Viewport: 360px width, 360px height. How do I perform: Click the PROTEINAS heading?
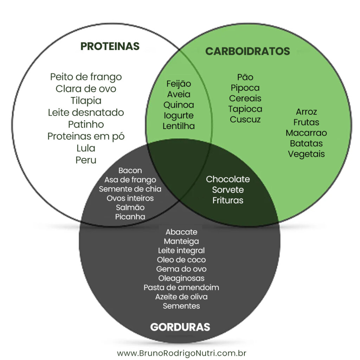110,46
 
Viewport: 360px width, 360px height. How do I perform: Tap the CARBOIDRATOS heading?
247,51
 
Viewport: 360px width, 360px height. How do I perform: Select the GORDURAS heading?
180,327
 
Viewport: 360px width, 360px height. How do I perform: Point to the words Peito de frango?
86,77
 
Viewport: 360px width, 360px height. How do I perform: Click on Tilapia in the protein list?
86,101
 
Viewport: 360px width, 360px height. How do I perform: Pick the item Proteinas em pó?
86,136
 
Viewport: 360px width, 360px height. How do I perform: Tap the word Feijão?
179,84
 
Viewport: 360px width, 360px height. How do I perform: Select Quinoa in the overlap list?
179,105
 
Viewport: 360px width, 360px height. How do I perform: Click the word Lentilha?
179,126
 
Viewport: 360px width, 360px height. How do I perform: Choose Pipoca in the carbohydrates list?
245,88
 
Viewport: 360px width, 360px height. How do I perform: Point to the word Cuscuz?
245,120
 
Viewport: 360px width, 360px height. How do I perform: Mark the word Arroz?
306,112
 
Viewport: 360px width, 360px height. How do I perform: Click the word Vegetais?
306,154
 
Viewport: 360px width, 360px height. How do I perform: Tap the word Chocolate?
228,179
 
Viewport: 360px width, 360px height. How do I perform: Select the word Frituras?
228,201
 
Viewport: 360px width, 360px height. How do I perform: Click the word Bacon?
130,171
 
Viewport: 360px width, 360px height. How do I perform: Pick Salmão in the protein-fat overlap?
130,207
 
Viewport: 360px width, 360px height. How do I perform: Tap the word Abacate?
181,232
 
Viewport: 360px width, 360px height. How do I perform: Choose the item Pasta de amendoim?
181,288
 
